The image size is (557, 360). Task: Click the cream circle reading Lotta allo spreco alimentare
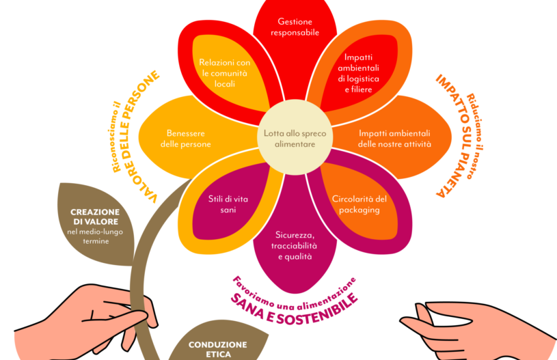point(295,138)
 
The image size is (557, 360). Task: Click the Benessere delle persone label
point(189,139)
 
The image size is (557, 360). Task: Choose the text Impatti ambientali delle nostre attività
point(394,139)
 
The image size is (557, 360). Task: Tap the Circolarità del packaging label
point(359,204)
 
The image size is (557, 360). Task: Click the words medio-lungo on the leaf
point(98,232)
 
